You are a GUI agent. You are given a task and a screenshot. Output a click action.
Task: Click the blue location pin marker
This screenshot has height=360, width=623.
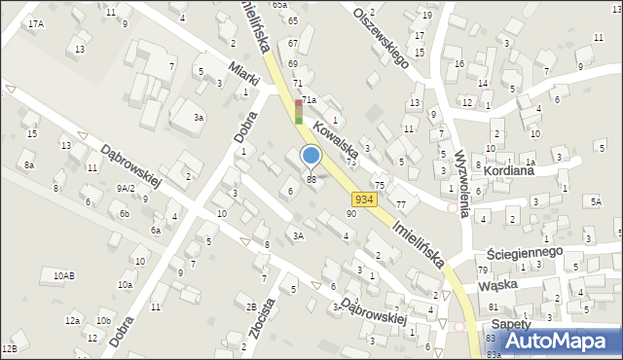point(311,157)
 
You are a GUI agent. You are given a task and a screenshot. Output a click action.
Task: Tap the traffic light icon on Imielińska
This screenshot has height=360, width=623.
point(299,110)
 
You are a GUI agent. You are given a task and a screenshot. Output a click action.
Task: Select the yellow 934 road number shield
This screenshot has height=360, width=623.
point(364,198)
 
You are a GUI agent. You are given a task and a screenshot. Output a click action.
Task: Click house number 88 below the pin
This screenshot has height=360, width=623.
point(311,179)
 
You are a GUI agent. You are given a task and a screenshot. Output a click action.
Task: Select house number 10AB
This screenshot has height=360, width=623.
point(64,276)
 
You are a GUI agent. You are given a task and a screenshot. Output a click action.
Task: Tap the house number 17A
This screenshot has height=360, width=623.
point(36,23)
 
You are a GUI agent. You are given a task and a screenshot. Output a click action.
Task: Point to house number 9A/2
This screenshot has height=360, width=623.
point(126,188)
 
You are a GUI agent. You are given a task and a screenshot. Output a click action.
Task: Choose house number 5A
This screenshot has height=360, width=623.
point(595,200)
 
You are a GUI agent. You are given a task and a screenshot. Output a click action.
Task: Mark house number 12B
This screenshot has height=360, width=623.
point(10,347)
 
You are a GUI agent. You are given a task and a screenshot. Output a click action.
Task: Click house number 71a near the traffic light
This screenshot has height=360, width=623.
point(310,100)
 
